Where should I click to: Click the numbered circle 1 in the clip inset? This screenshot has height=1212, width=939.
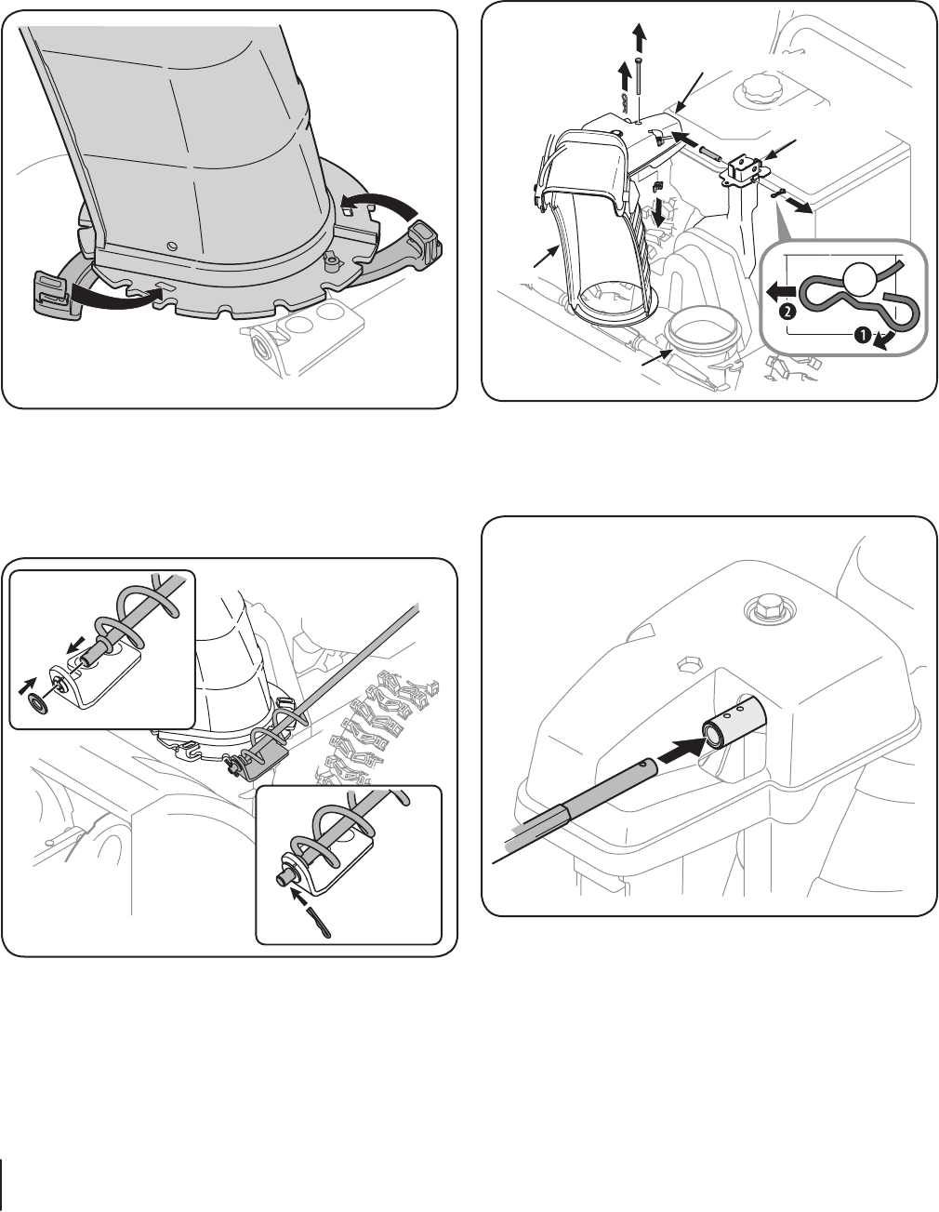[x=862, y=335]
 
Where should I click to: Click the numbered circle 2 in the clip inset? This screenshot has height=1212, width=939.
[x=787, y=313]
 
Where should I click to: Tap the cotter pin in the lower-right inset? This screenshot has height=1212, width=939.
[x=318, y=922]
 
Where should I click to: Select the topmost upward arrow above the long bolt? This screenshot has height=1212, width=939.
[x=640, y=37]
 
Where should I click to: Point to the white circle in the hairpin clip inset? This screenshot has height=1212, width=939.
[x=859, y=278]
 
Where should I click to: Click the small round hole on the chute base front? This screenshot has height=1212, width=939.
[x=172, y=246]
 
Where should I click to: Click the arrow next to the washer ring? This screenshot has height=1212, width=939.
[x=27, y=686]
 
